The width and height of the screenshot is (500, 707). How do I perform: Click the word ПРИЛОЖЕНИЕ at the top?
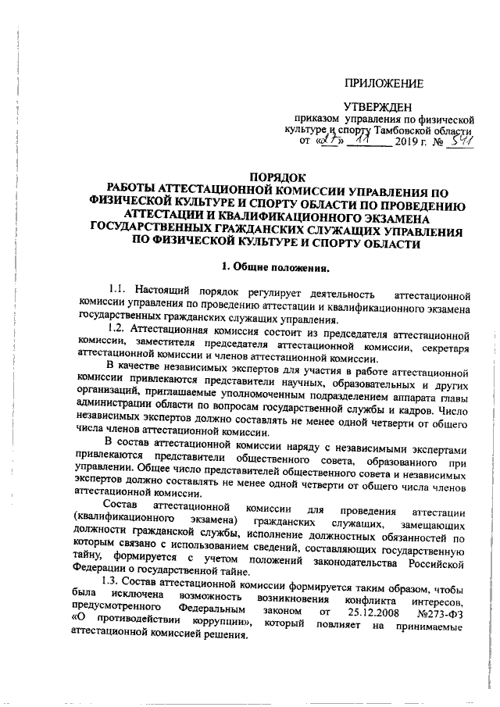click(385, 84)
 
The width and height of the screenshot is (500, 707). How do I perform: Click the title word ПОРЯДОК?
click(277, 178)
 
